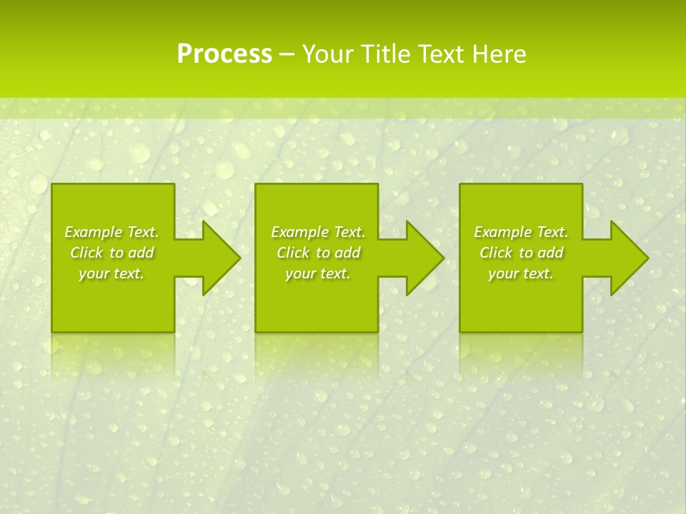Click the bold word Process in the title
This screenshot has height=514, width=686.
tap(224, 54)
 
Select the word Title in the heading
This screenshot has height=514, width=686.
tap(389, 54)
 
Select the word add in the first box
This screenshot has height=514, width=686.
tap(141, 253)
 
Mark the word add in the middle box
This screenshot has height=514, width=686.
tap(347, 253)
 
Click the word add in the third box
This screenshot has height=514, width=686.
tap(550, 253)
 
